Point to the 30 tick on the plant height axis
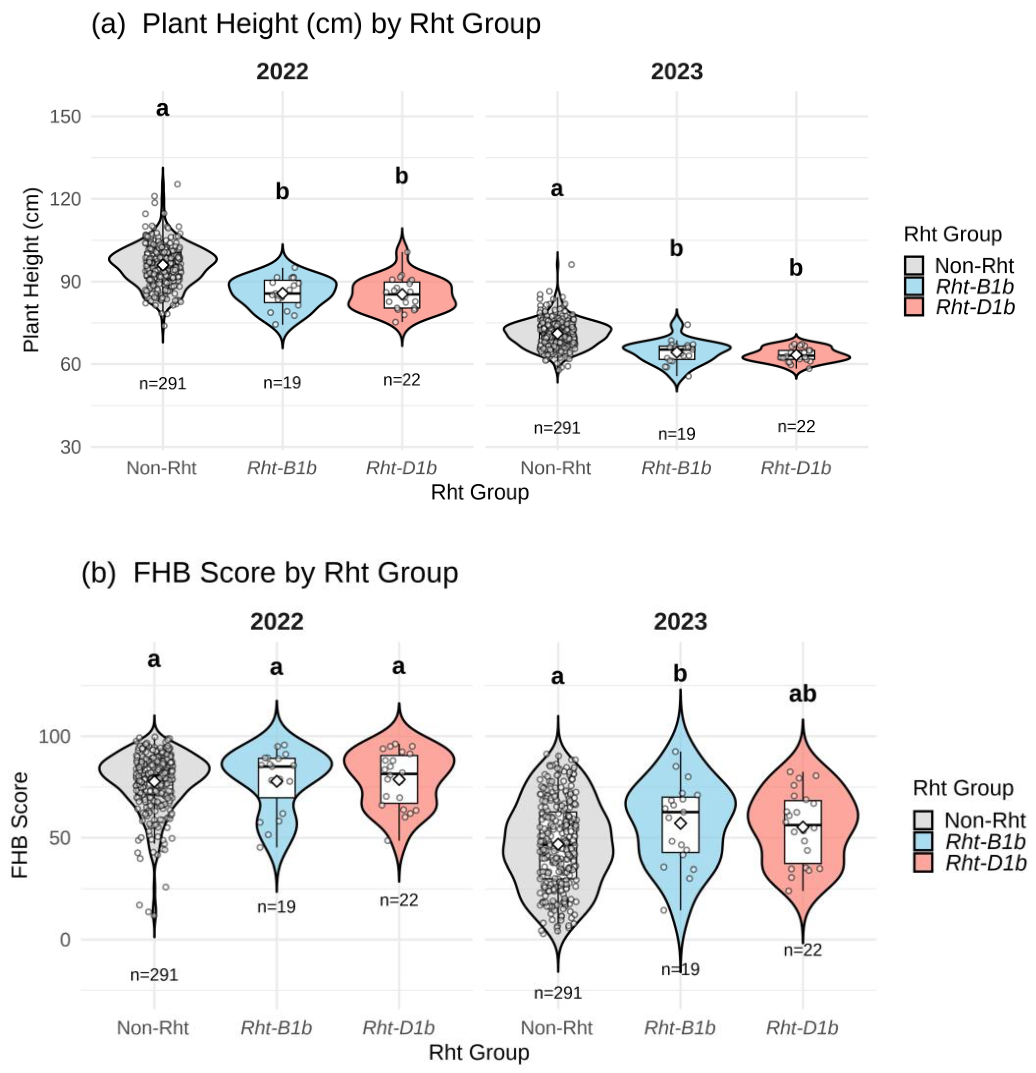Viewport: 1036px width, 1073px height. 69,447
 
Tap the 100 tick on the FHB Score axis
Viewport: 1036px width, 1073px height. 54,736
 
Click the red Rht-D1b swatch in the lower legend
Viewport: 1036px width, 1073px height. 923,863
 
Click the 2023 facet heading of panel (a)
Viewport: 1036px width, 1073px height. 677,72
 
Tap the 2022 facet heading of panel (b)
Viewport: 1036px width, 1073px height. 277,622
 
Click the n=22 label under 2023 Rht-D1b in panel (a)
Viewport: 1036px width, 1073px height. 796,427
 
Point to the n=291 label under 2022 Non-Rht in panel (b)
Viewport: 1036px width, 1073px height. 154,975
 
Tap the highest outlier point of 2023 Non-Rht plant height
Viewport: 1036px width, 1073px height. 572,264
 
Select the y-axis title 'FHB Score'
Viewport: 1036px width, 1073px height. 20,825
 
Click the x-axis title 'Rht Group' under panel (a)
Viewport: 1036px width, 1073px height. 480,492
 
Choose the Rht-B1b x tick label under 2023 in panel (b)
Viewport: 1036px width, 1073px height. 679,1028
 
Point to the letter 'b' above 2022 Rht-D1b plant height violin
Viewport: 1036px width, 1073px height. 402,176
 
